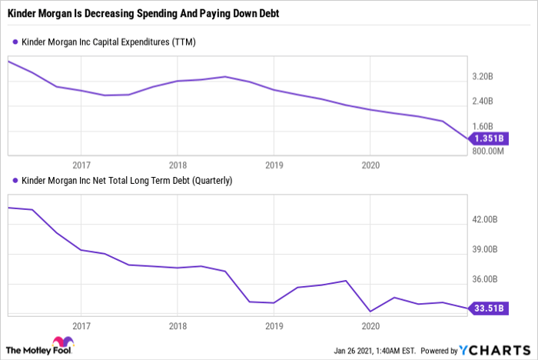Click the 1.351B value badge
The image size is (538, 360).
487,138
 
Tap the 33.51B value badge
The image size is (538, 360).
487,308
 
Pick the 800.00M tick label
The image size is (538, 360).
487,151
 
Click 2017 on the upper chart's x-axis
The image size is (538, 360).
81,165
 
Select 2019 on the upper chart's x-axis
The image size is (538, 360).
274,165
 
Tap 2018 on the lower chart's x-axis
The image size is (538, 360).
178,325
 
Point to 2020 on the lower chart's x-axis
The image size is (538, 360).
370,325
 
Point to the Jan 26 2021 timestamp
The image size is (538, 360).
374,352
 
